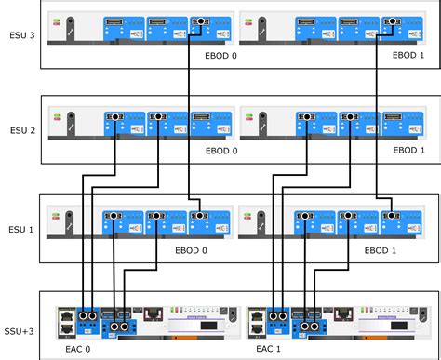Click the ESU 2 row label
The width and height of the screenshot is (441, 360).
coord(19,131)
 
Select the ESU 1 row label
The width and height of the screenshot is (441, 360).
coord(19,229)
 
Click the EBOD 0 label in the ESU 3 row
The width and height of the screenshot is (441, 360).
coord(221,55)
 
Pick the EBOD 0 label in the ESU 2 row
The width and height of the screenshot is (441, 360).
coord(221,151)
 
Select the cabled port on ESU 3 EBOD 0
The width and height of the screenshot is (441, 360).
coord(200,20)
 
